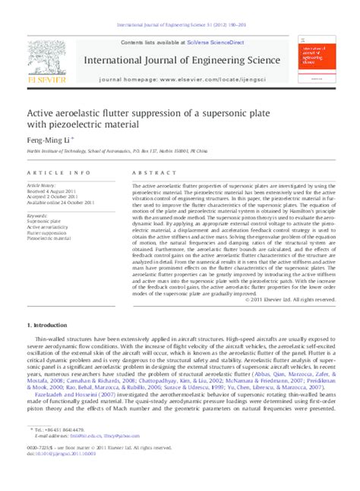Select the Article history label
(x=42, y=185)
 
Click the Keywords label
(x=37, y=215)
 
